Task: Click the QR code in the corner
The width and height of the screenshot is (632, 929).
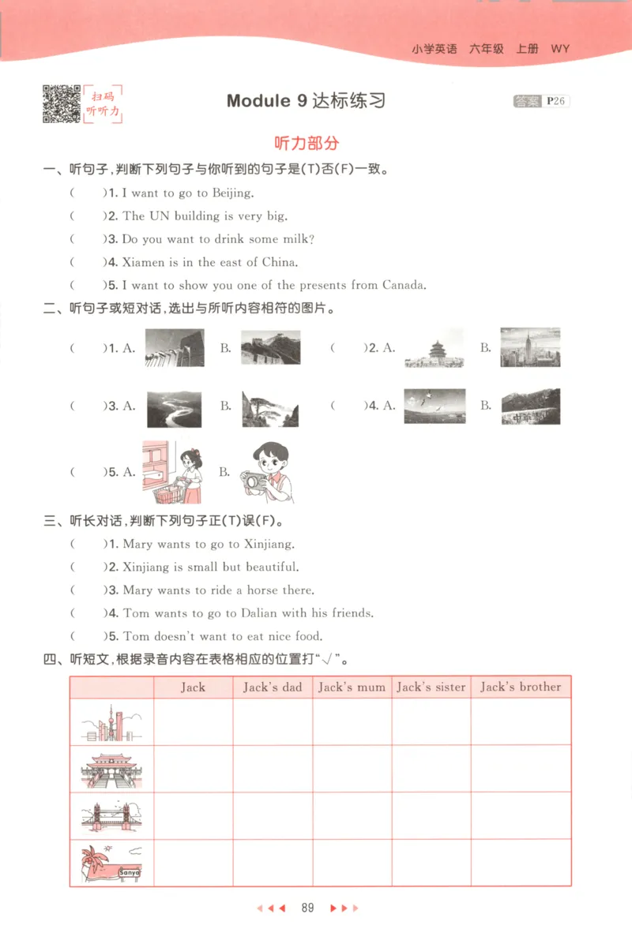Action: pyautogui.click(x=60, y=103)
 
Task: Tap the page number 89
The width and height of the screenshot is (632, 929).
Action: pyautogui.click(x=307, y=908)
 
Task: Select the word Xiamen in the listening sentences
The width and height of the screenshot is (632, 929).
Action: pyautogui.click(x=143, y=262)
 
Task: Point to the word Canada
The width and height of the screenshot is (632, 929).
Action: pyautogui.click(x=404, y=285)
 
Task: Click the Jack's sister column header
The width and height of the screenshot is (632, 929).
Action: pyautogui.click(x=431, y=687)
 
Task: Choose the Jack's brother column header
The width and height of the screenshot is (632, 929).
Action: pyautogui.click(x=521, y=687)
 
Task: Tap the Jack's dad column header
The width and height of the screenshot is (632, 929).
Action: pyautogui.click(x=273, y=687)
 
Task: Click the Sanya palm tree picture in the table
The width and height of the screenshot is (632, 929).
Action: pyautogui.click(x=111, y=862)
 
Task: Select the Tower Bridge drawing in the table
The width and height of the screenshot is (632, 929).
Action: pyautogui.click(x=111, y=815)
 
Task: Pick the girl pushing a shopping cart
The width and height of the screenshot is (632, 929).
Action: pyautogui.click(x=173, y=472)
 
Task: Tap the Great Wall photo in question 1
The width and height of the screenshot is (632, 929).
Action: pyautogui.click(x=269, y=348)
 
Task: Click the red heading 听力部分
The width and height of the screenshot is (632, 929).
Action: pyautogui.click(x=306, y=143)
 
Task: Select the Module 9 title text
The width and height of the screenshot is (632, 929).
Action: pyautogui.click(x=306, y=101)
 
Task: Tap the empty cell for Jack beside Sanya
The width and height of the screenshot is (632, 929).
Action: pyautogui.click(x=193, y=862)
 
